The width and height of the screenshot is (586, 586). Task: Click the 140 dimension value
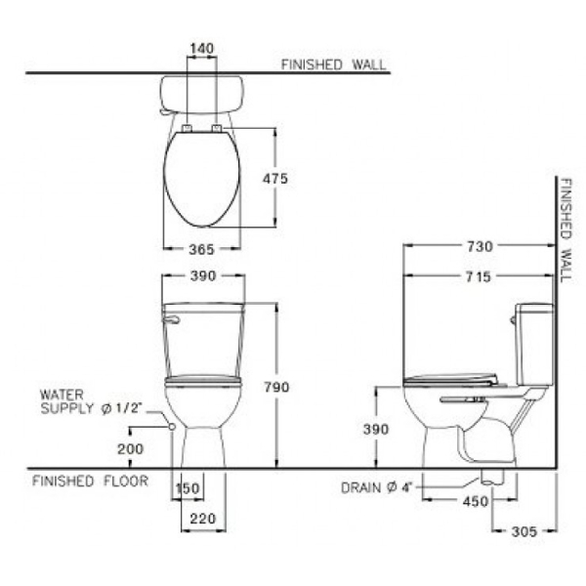coord(202,49)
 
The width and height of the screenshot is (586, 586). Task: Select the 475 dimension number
coord(275,179)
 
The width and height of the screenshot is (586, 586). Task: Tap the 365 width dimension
coord(202,249)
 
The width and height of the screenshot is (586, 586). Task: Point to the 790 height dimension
coord(277,387)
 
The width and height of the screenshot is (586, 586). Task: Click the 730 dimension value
coord(480,247)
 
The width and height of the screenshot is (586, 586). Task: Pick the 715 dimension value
coord(479,277)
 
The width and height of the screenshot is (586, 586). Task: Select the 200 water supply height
coord(131,449)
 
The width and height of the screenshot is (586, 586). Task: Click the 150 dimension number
coord(188,488)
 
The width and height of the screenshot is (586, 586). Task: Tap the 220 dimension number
coord(203,519)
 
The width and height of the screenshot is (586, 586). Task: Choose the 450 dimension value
coord(476,502)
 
